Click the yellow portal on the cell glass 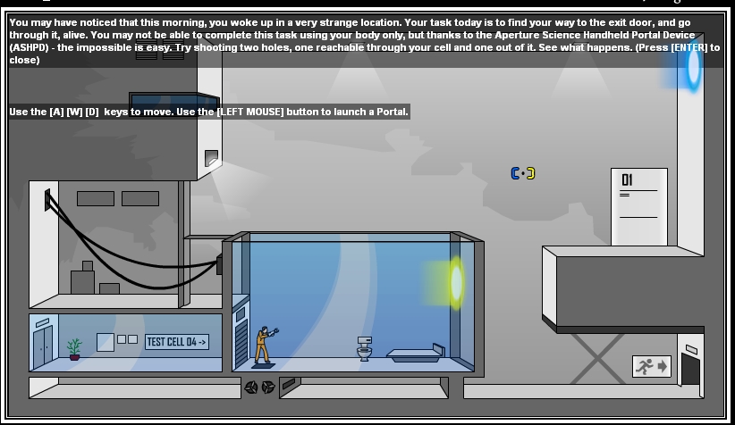coord(457,282)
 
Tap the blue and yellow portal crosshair coord(523,173)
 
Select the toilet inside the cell coord(364,349)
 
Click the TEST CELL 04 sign coord(176,341)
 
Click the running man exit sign coord(651,366)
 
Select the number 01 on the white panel coord(628,180)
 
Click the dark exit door coord(690,368)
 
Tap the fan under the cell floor coord(259,387)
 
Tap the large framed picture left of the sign coord(105,341)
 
